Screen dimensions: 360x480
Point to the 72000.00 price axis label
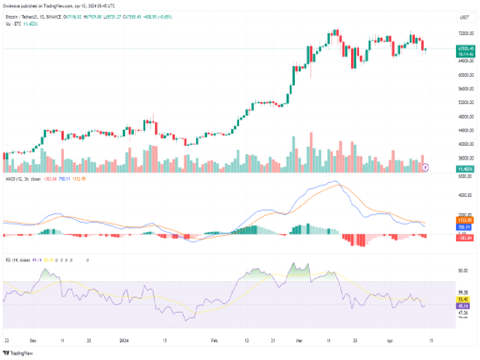465,33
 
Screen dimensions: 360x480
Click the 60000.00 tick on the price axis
465,75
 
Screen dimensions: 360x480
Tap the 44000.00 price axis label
465,130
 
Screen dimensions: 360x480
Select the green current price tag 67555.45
465,48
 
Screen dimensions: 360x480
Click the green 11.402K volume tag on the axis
465,169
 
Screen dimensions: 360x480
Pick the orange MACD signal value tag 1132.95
465,220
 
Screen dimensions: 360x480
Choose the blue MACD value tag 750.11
465,226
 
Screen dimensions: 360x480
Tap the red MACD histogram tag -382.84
465,238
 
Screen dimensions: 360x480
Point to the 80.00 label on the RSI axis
464,270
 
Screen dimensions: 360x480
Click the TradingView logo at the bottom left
15,353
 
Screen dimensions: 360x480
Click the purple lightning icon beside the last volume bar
426,166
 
